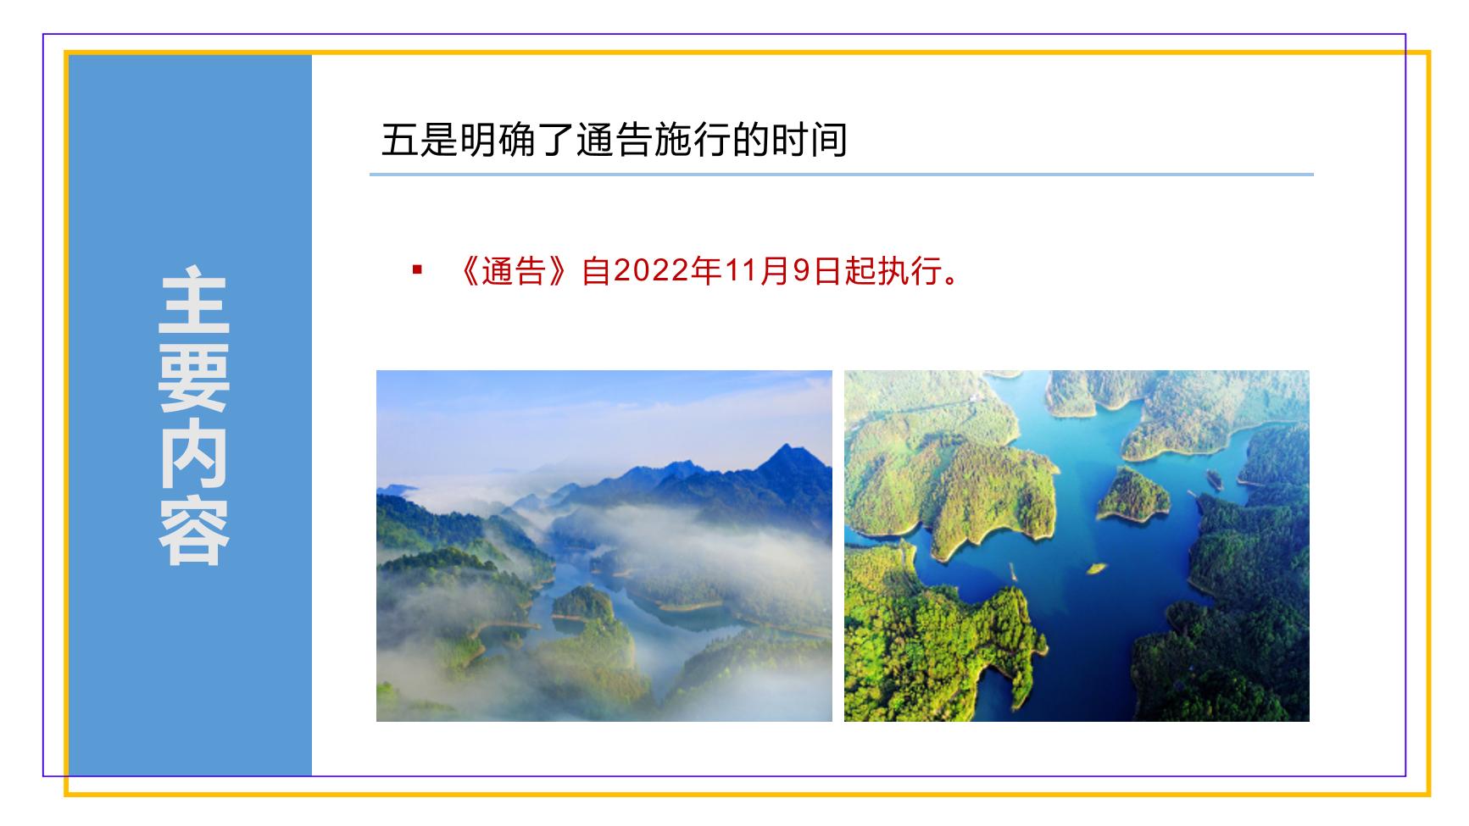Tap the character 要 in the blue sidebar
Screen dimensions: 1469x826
pos(193,376)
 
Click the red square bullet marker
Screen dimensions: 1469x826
pos(416,270)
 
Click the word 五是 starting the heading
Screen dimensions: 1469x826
pos(420,140)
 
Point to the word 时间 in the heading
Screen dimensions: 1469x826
pos(809,140)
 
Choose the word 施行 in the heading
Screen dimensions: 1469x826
pos(693,140)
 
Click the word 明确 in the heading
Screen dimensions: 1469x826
pos(498,140)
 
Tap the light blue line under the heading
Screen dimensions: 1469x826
pos(842,175)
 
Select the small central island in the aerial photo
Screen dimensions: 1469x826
pos(1133,494)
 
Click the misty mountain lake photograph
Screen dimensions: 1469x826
pos(604,546)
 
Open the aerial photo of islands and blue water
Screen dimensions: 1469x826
pos(1077,546)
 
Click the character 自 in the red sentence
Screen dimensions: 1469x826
pos(596,272)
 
